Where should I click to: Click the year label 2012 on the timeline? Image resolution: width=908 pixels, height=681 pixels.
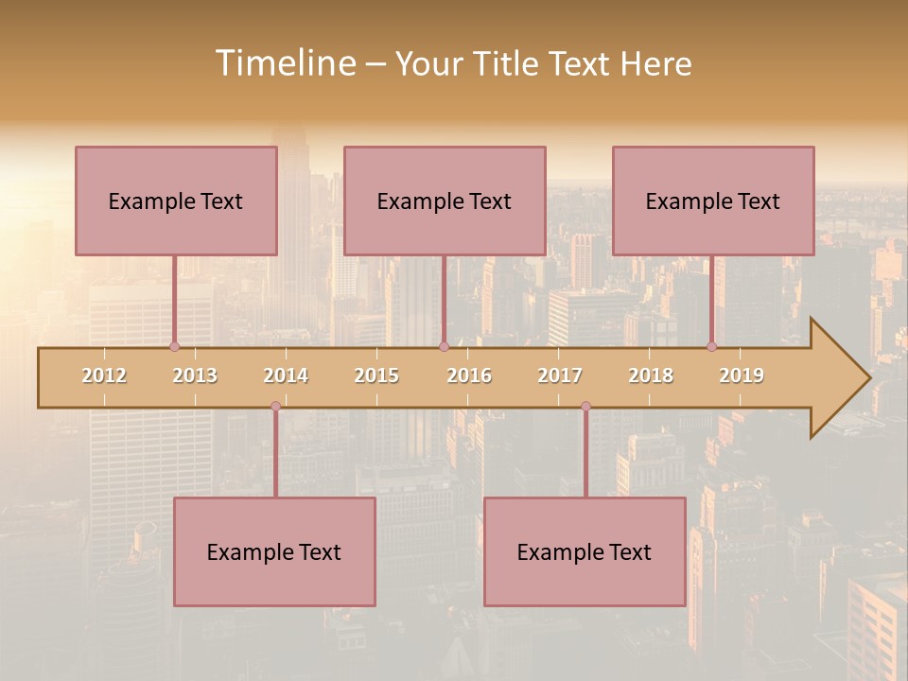tap(104, 375)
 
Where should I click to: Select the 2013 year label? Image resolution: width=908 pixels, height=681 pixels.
tap(195, 375)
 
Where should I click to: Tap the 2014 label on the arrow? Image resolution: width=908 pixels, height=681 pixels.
tap(286, 375)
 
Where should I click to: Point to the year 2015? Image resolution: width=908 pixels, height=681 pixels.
tap(376, 375)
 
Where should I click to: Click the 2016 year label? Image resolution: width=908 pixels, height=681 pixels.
tap(469, 375)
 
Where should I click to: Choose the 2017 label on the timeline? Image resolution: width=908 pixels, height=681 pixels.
tap(560, 375)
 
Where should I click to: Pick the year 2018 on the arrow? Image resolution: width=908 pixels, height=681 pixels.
tap(651, 375)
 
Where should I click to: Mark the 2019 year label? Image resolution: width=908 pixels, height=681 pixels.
tap(742, 375)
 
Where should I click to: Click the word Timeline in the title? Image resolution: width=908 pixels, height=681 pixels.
tap(285, 63)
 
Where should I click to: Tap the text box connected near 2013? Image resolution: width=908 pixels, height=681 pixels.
tap(176, 201)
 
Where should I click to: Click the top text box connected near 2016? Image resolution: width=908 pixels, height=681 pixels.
tap(445, 201)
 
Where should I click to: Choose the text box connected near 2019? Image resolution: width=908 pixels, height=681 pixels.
tap(713, 201)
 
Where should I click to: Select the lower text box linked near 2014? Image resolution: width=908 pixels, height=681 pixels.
tap(274, 551)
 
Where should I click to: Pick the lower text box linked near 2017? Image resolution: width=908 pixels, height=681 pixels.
tap(585, 551)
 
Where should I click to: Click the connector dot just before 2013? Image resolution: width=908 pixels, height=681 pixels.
tap(174, 347)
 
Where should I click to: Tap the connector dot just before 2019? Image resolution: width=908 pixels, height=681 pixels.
tap(712, 347)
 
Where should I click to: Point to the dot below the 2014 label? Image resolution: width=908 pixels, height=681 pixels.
tap(275, 407)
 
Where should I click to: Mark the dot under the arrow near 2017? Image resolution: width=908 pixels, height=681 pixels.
tap(585, 407)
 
